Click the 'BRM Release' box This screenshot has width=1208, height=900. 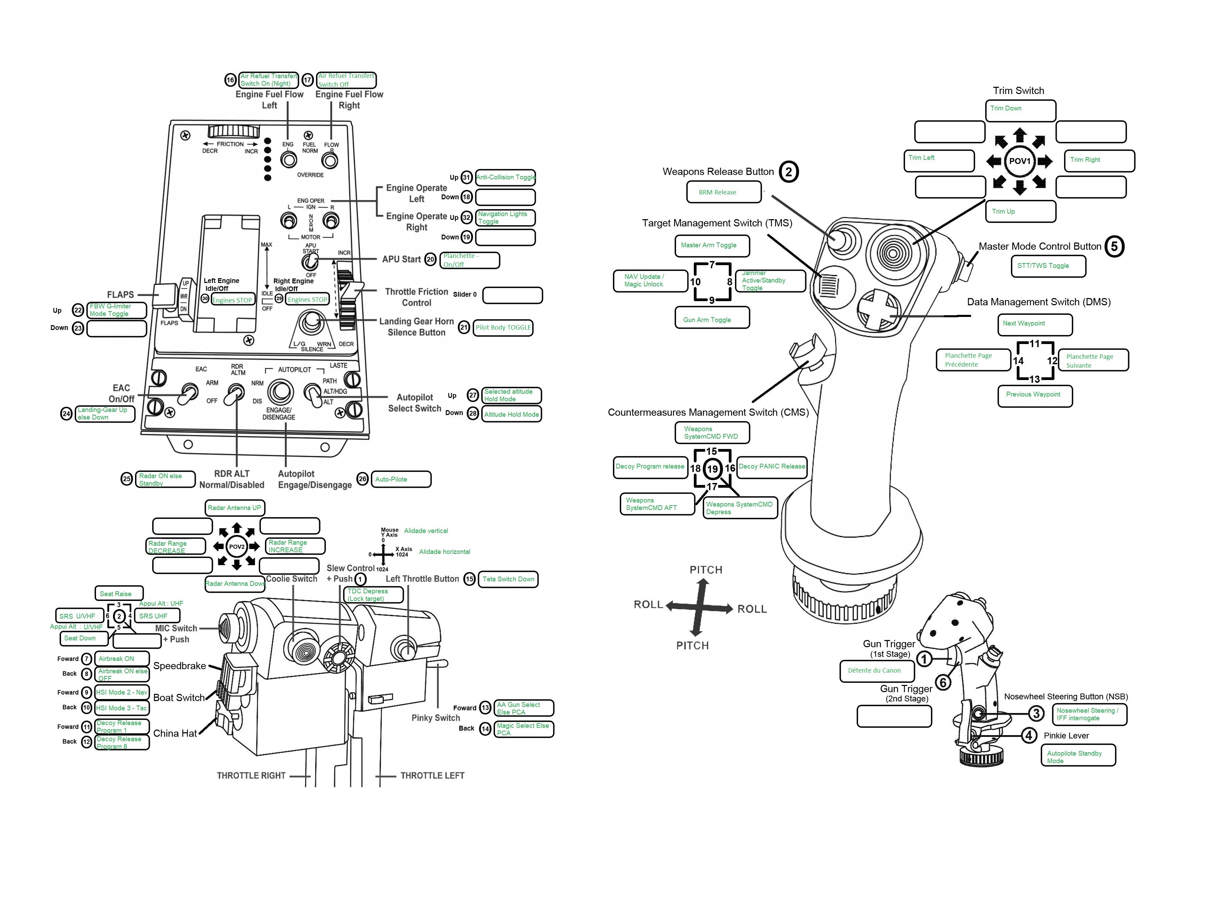coord(723,192)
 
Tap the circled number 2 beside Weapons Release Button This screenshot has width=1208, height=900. coord(788,171)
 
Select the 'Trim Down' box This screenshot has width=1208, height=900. coord(1020,110)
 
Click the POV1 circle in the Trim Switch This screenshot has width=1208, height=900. coord(1019,161)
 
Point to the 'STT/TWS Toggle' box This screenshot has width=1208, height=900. coord(1048,266)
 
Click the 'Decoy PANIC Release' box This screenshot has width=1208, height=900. coord(771,467)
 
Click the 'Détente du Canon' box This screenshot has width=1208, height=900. coord(877,671)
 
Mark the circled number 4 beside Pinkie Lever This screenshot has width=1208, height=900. coord(1028,735)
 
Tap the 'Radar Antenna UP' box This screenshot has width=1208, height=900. coord(234,508)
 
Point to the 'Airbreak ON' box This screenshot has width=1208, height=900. coord(121,659)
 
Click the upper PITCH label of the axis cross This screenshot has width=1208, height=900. coord(705,570)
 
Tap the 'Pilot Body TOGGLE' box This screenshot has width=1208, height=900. coord(503,328)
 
